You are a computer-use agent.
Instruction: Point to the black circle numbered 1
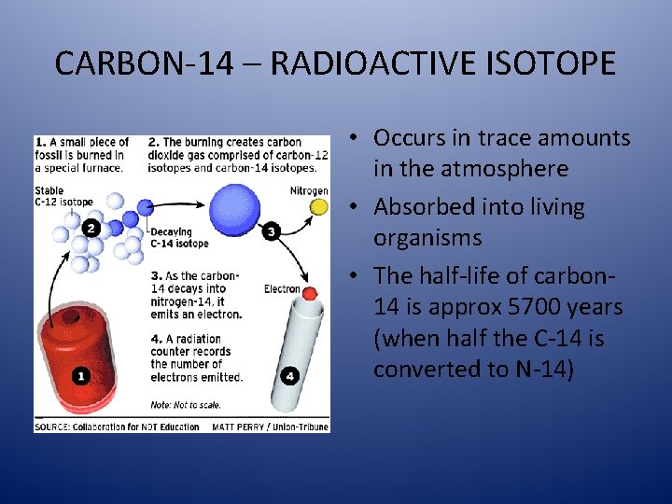[x=80, y=376]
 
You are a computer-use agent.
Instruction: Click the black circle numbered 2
[x=91, y=228]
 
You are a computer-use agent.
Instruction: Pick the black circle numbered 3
[x=272, y=231]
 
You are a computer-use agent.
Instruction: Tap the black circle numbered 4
[x=291, y=376]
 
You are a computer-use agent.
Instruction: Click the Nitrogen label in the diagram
[x=309, y=191]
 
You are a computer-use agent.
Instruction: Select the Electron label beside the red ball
[x=282, y=289]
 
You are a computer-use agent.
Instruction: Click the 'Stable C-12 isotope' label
[x=63, y=197]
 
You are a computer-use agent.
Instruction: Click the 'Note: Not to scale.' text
[x=188, y=404]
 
